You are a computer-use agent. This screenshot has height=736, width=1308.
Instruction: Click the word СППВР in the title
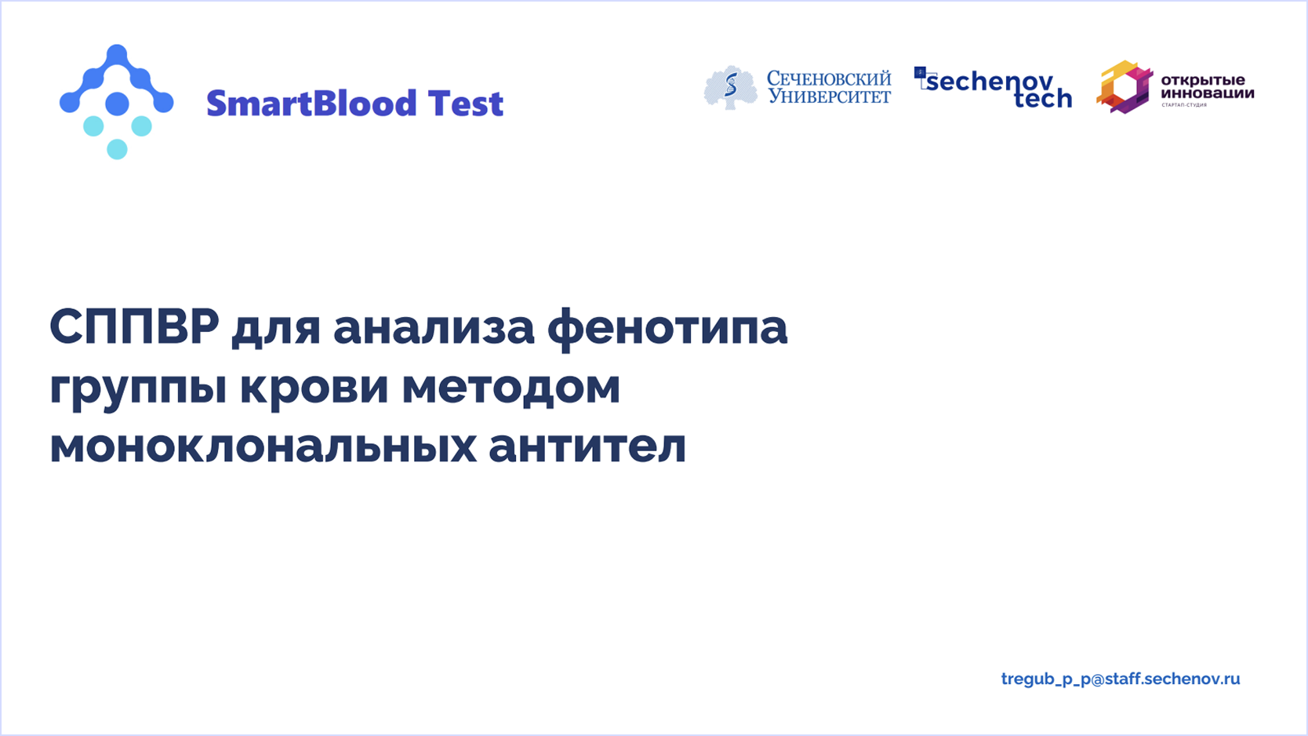click(134, 327)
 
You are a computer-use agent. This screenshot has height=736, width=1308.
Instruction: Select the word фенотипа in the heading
click(667, 330)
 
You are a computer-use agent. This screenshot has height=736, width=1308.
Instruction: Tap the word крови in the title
click(314, 389)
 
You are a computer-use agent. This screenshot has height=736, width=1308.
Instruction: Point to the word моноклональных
click(263, 447)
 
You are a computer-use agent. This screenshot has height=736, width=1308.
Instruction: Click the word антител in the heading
click(587, 447)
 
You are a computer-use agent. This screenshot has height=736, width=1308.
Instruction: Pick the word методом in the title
click(511, 388)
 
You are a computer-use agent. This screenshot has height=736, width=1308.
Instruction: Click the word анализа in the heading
click(434, 329)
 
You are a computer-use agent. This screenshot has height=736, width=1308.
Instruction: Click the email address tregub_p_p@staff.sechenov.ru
click(1121, 679)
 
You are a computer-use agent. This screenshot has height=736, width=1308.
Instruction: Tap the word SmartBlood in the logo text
click(311, 104)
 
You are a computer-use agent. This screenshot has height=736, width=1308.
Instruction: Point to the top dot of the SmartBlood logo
click(117, 54)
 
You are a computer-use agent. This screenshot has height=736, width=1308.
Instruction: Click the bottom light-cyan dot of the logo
click(117, 149)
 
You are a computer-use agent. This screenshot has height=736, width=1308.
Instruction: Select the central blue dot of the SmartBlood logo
click(117, 104)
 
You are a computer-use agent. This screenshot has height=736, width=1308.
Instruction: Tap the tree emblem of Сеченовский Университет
click(730, 88)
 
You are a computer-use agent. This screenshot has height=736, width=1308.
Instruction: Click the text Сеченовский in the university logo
click(829, 78)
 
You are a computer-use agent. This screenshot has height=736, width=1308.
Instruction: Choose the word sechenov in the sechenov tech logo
click(990, 82)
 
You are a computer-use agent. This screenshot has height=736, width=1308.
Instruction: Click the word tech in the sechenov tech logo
click(1043, 98)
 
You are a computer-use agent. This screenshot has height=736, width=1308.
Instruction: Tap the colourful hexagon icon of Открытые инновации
click(1124, 86)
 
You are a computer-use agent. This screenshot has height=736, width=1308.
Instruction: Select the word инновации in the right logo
click(1207, 93)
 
